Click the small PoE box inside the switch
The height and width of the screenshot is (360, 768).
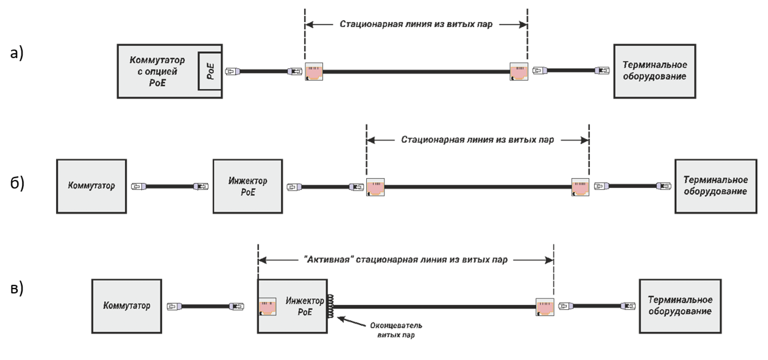click(x=210, y=71)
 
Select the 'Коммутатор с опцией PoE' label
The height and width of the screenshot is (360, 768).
click(x=157, y=71)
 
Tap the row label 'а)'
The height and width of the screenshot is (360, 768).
click(x=17, y=53)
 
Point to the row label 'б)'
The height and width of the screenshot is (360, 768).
click(x=17, y=183)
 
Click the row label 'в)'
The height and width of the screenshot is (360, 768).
click(x=17, y=288)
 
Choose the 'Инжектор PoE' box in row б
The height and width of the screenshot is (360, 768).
click(x=247, y=186)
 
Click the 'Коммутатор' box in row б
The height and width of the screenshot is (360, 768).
click(x=91, y=186)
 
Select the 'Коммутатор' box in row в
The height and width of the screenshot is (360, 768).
click(x=126, y=306)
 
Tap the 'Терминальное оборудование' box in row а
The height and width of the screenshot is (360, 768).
click(x=654, y=71)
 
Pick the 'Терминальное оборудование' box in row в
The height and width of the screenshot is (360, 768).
click(x=680, y=306)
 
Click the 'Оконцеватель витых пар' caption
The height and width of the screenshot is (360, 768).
click(x=396, y=330)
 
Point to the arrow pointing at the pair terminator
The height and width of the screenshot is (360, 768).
click(x=351, y=322)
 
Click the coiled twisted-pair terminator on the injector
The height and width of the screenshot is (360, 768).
click(x=330, y=306)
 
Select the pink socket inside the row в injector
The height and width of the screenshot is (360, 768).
click(x=267, y=306)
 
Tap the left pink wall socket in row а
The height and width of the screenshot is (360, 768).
click(x=314, y=71)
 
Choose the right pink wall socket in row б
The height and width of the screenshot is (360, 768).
click(x=580, y=187)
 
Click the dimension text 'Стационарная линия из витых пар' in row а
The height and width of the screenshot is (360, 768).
click(x=416, y=25)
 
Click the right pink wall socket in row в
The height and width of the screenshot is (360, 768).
click(x=545, y=307)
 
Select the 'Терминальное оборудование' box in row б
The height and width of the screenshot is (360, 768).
click(x=716, y=186)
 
